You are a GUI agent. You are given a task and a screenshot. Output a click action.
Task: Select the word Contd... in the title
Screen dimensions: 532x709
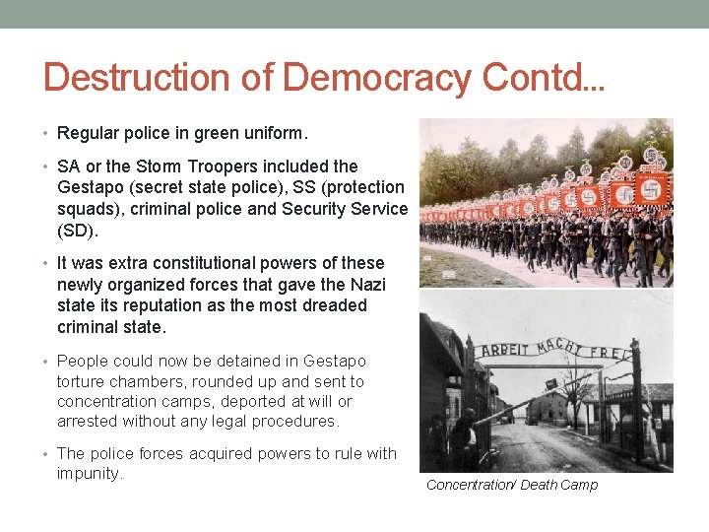(539, 77)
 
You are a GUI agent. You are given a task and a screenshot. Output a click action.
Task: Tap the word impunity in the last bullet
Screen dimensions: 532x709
(88, 473)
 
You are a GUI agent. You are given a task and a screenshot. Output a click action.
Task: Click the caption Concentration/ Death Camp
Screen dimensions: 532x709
(511, 485)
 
